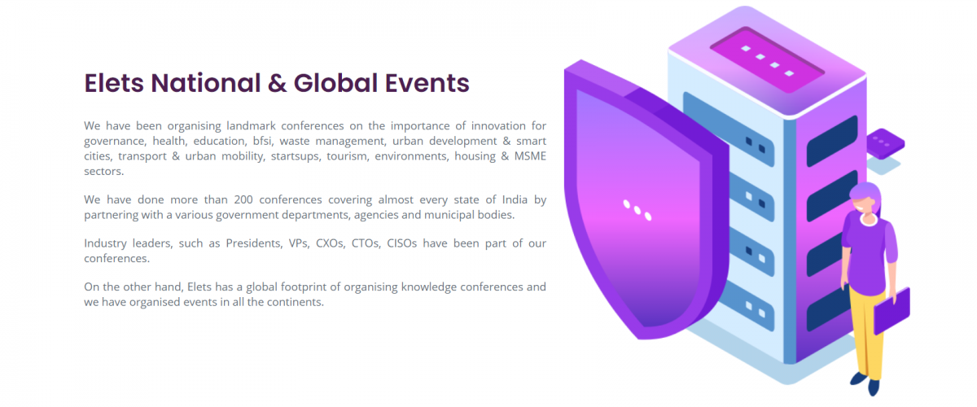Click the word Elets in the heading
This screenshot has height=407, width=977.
point(114,83)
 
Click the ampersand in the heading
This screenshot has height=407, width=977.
point(277,83)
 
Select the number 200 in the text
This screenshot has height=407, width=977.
point(243,199)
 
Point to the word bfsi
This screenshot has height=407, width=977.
point(262,141)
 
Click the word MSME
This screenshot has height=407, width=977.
point(530,156)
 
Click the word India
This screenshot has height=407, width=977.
point(515,199)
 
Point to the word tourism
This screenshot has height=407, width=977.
point(347,156)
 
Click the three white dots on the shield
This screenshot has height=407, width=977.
point(637,210)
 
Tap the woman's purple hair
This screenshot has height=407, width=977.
point(865,195)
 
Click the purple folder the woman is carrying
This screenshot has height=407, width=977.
point(892,311)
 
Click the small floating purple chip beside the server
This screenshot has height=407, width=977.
point(885,143)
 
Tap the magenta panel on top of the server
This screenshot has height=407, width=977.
point(767,59)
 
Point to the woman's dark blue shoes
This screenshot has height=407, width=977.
point(865,383)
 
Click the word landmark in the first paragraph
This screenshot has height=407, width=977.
point(251,126)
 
